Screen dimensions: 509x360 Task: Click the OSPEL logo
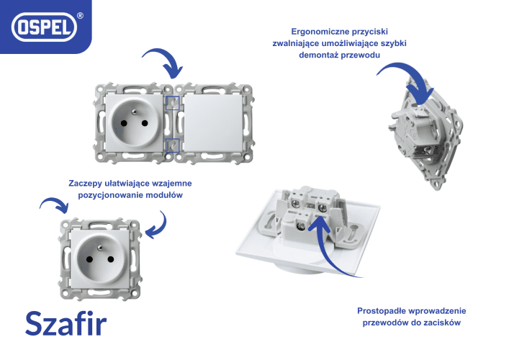coord(44,27)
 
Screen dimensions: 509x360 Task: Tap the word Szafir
coord(66,323)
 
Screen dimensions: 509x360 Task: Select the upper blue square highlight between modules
coord(173,103)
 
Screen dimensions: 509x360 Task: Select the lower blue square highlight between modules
coord(173,145)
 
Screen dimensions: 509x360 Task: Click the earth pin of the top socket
coord(134,112)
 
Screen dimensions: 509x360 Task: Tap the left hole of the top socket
coord(124,123)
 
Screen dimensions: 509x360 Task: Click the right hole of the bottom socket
coord(111,259)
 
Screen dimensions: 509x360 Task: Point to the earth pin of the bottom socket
coord(100,248)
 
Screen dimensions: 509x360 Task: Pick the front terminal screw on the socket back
coord(301,225)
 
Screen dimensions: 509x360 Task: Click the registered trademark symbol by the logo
coord(80,16)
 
